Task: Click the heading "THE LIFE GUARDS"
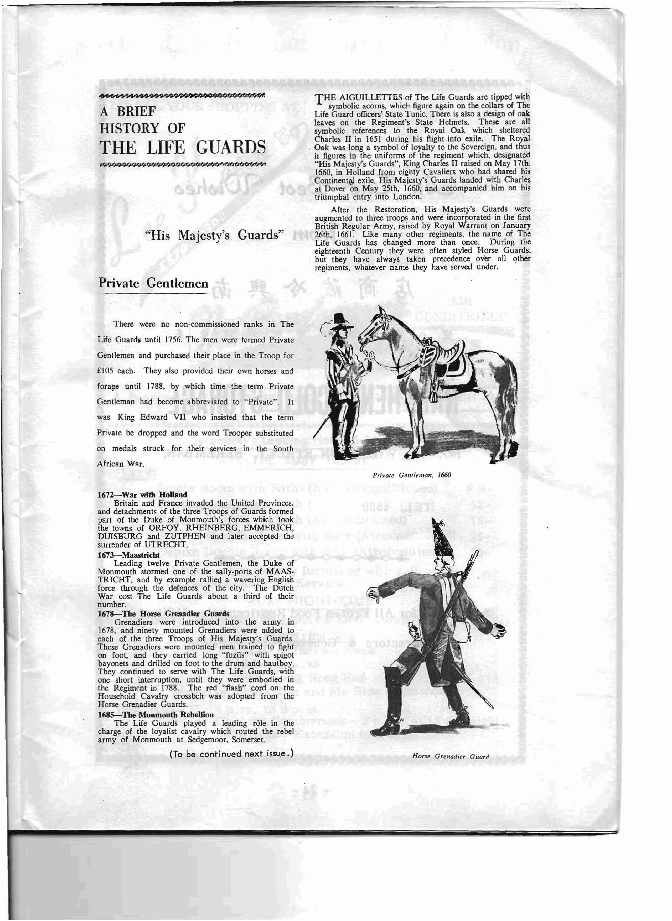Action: coord(183,147)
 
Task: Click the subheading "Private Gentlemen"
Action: coord(153,283)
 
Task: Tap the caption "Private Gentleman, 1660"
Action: coord(412,475)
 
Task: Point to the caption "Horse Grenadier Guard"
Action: coord(450,757)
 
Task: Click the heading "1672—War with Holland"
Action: coord(142,495)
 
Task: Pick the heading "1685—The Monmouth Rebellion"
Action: coord(155,714)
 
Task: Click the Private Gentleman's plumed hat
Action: coord(339,321)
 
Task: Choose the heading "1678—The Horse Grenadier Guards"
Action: coord(163,613)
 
